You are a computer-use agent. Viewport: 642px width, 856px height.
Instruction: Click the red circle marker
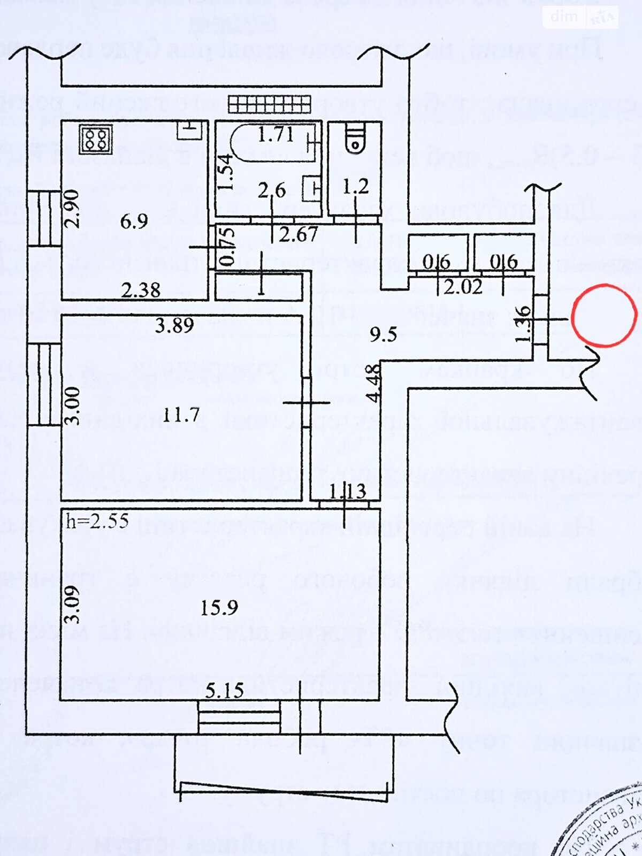pos(604,316)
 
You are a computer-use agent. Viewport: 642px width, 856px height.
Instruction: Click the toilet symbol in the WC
pos(354,138)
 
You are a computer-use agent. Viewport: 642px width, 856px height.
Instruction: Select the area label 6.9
pos(134,220)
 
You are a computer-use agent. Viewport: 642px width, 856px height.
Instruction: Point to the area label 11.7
pos(181,414)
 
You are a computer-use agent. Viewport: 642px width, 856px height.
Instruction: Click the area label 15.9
pos(219,608)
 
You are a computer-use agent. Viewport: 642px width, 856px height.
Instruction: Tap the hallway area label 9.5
pos(384,334)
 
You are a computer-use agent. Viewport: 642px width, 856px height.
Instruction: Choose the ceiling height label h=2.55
pos(97,521)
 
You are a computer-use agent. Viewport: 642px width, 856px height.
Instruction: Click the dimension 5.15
pos(225,691)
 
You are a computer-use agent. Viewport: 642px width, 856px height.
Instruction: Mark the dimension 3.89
pos(174,325)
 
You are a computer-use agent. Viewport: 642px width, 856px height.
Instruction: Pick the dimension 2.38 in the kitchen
pos(140,290)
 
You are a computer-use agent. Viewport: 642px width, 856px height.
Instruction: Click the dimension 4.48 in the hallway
pos(374,383)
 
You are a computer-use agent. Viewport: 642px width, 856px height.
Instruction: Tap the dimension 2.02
pos(463,287)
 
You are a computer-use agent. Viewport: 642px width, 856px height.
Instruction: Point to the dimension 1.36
pos(524,324)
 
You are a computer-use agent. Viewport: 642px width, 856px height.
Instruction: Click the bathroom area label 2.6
pos(272,190)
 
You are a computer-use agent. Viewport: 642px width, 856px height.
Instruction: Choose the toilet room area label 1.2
pos(356,186)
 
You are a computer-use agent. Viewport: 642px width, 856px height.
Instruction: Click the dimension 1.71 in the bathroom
pos(276,134)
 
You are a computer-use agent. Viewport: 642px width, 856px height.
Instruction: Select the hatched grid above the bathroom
pos(269,104)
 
